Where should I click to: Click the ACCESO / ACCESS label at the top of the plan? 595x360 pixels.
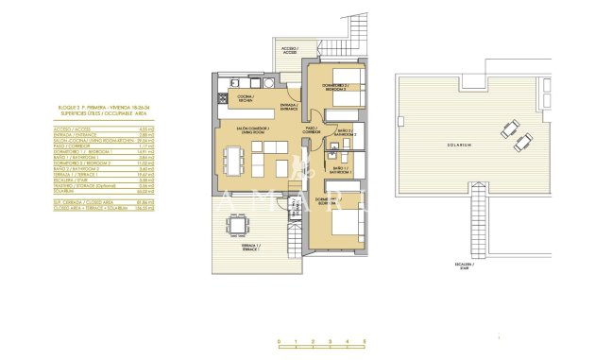(x=289, y=50)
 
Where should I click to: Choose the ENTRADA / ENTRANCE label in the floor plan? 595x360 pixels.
(x=289, y=107)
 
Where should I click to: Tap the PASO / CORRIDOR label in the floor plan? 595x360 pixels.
(x=312, y=131)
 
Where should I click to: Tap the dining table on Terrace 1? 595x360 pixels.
(x=234, y=226)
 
